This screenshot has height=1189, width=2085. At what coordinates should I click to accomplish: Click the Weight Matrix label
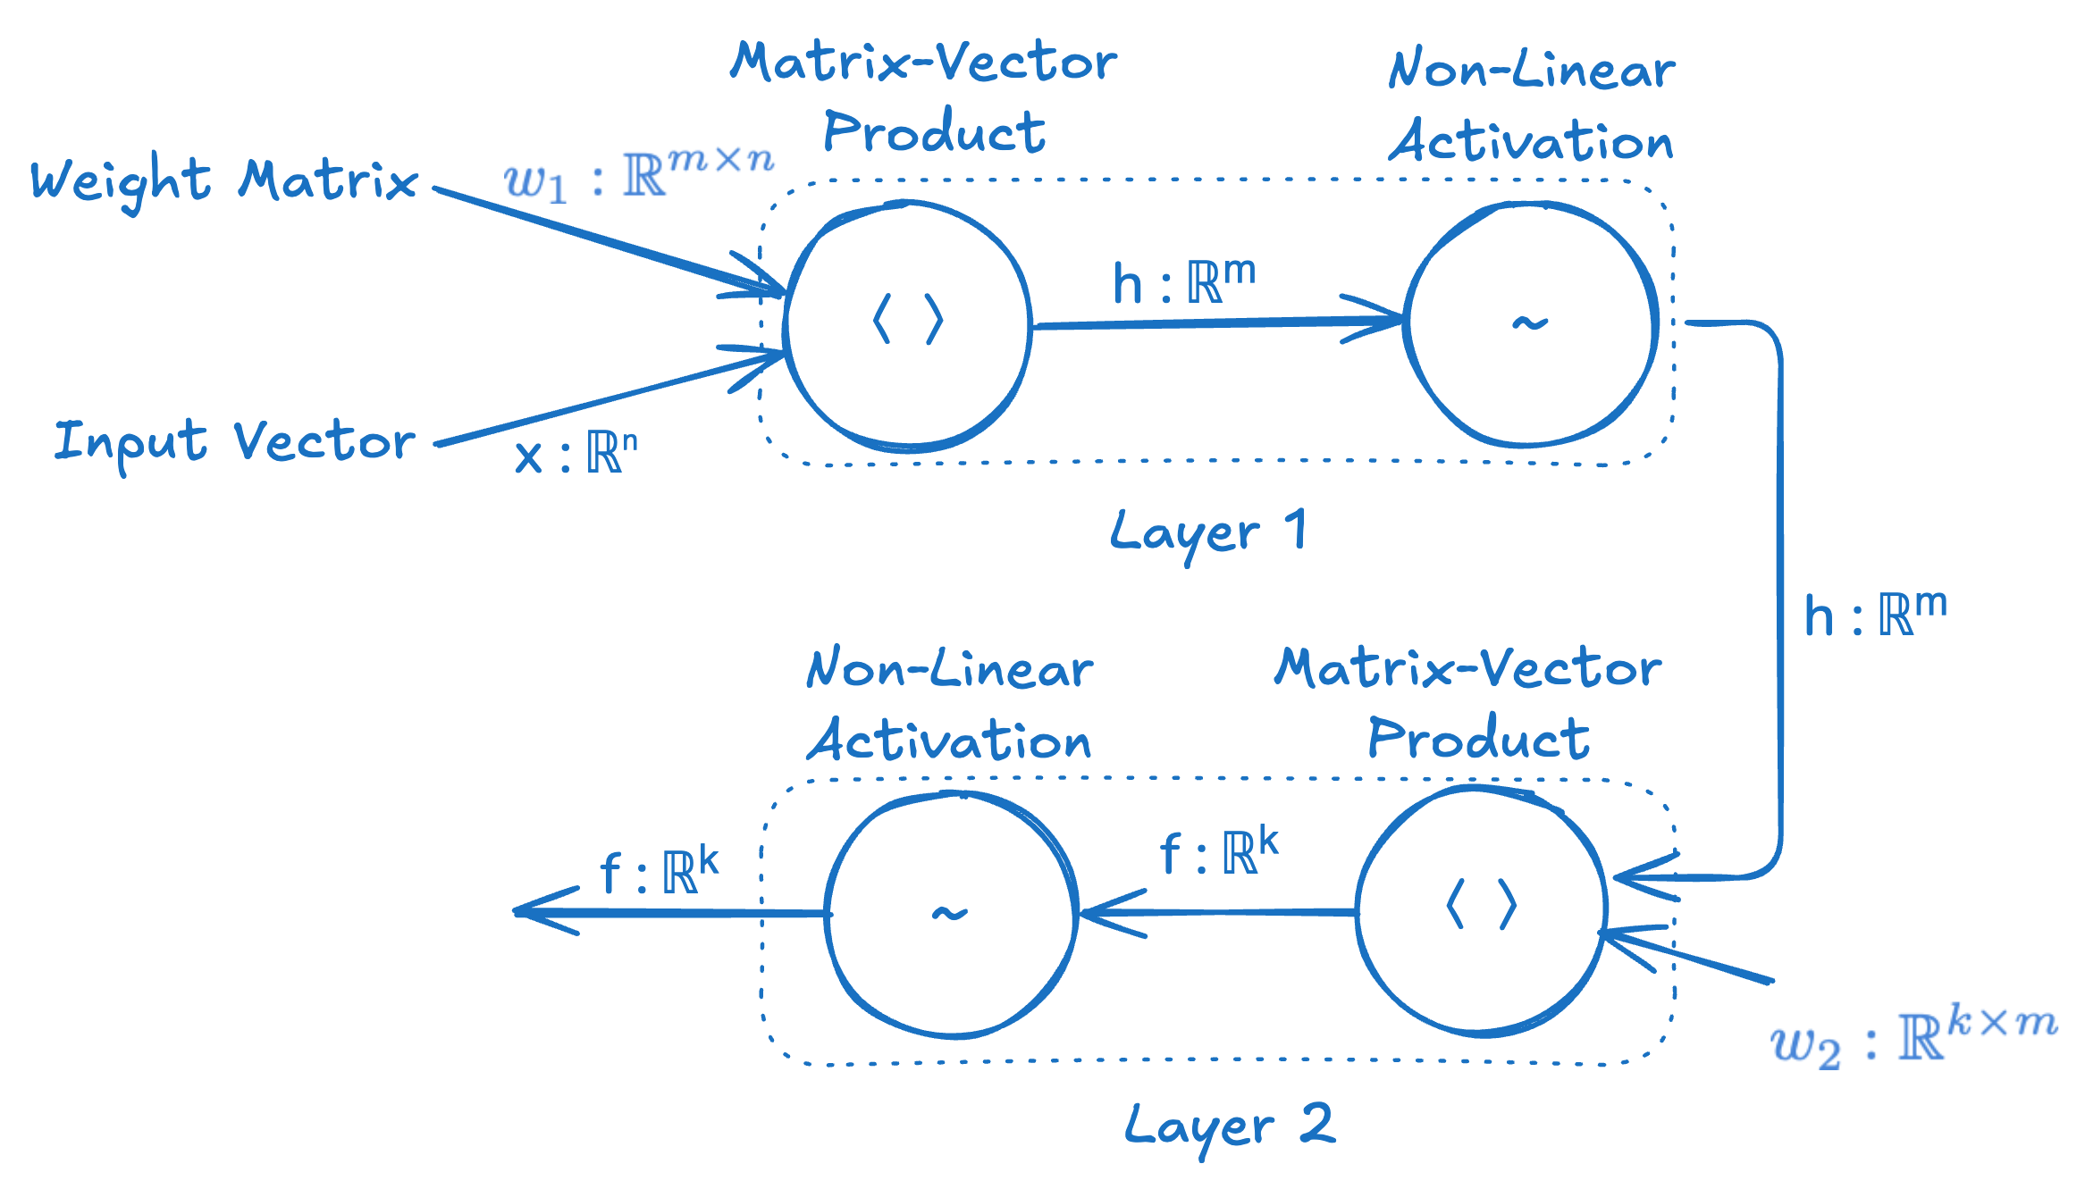point(223,181)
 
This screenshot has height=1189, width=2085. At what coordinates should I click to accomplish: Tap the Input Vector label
point(234,442)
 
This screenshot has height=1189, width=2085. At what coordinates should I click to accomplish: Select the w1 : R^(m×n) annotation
point(638,174)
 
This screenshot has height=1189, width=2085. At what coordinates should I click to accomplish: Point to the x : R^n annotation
point(576,454)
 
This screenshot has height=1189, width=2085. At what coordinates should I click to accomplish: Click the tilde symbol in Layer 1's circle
point(1529,322)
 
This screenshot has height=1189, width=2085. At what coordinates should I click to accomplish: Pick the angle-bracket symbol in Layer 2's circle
point(1481,905)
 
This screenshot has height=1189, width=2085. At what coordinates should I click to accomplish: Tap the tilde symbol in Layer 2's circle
point(949,913)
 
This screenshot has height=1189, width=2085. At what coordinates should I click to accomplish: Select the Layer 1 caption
point(1207,532)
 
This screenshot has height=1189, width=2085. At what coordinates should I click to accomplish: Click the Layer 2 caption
point(1229,1126)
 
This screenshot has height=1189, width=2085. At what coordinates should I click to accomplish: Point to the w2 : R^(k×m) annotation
point(1913,1036)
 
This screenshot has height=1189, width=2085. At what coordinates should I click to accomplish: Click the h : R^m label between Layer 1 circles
point(1183,283)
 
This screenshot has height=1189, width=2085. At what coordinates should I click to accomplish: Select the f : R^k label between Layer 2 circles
point(1219,852)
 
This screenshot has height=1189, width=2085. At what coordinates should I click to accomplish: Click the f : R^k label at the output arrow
point(659,871)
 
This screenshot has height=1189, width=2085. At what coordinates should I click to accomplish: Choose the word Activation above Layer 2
point(949,741)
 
